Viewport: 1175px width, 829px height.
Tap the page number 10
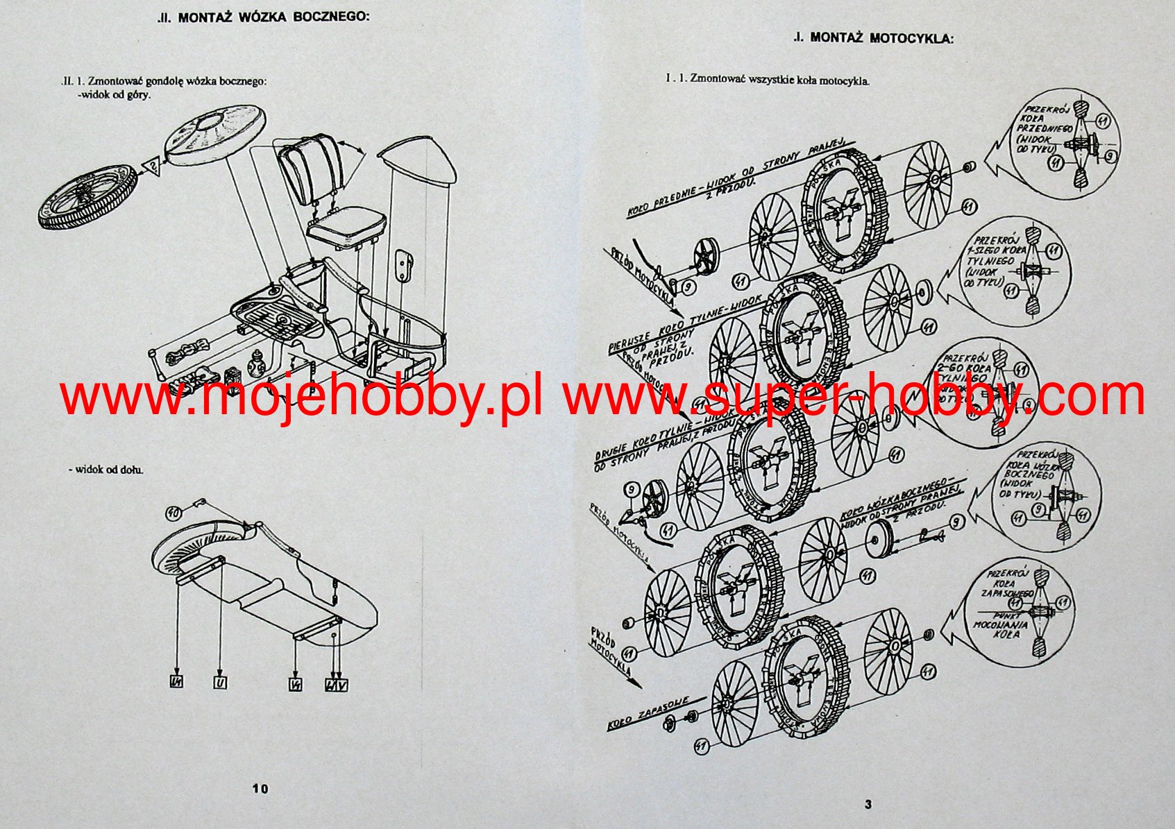(260, 788)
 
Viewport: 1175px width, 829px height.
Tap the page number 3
(868, 805)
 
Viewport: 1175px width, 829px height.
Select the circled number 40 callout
(174, 513)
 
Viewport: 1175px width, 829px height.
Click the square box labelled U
(220, 683)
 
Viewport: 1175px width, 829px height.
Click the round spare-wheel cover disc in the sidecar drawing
(215, 134)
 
